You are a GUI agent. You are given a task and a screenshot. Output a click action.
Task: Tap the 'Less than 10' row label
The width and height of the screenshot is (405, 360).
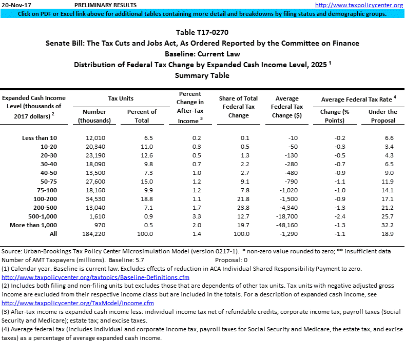click(x=40, y=138)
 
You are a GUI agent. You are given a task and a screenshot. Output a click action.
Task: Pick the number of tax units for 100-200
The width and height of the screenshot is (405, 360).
click(x=94, y=198)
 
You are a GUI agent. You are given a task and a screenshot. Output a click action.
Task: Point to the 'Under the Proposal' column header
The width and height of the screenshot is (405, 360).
click(x=383, y=116)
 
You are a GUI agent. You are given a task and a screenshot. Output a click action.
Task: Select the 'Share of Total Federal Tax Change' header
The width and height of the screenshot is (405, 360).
click(x=238, y=107)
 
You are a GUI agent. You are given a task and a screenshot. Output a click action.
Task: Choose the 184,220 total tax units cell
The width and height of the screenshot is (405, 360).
click(x=94, y=234)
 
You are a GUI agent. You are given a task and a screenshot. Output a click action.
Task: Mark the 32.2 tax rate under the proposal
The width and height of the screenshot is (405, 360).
click(x=388, y=225)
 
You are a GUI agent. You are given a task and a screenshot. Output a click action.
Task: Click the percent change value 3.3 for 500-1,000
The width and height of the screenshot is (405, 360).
click(x=190, y=216)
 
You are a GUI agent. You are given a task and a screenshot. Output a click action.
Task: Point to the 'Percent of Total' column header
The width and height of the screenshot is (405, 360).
click(x=142, y=116)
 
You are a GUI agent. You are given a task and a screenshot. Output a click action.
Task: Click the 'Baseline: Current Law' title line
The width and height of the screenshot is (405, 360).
click(x=202, y=54)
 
